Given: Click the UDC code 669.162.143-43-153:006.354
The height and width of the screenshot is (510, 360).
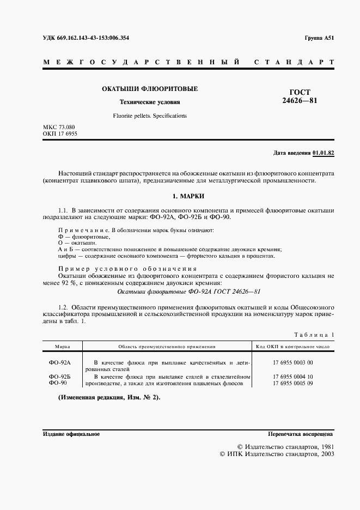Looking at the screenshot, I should [86, 38].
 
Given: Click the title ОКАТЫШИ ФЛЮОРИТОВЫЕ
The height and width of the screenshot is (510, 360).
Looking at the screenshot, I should [150, 88].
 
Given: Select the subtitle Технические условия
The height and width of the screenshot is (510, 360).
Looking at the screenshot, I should [150, 102].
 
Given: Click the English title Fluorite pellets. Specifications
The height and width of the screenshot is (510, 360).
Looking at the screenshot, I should [150, 116].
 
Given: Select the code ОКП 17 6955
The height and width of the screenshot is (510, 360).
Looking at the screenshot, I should [59, 133].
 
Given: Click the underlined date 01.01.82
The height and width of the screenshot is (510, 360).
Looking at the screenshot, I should [324, 153].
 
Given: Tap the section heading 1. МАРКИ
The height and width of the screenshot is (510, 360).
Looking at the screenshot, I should [188, 196].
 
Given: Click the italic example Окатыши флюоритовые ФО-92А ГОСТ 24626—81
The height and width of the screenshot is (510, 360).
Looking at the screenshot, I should [188, 292].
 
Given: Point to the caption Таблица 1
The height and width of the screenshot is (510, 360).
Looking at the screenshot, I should [314, 335].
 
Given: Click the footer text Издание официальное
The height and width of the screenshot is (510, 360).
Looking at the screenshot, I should [71, 434].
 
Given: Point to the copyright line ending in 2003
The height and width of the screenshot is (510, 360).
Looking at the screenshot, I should [276, 454].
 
